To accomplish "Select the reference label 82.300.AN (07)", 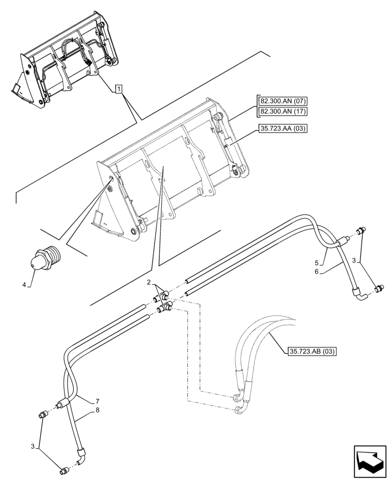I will (283, 101).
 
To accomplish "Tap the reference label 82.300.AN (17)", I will (283, 112).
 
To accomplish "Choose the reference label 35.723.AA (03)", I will (283, 128).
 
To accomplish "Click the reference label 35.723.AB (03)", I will (312, 352).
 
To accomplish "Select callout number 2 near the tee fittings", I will (149, 282).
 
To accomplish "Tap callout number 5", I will (316, 263).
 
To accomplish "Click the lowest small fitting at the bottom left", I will (63, 472).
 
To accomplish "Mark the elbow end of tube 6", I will (358, 290).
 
